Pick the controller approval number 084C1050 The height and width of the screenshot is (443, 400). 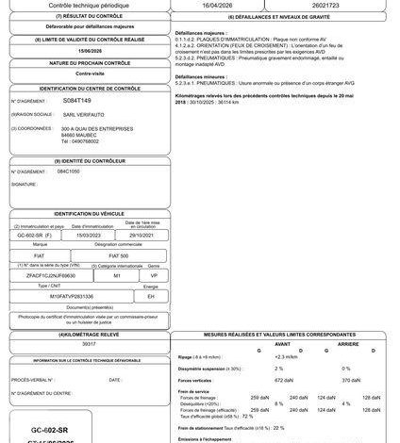click(x=72, y=172)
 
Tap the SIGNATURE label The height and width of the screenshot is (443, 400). click(x=26, y=186)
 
